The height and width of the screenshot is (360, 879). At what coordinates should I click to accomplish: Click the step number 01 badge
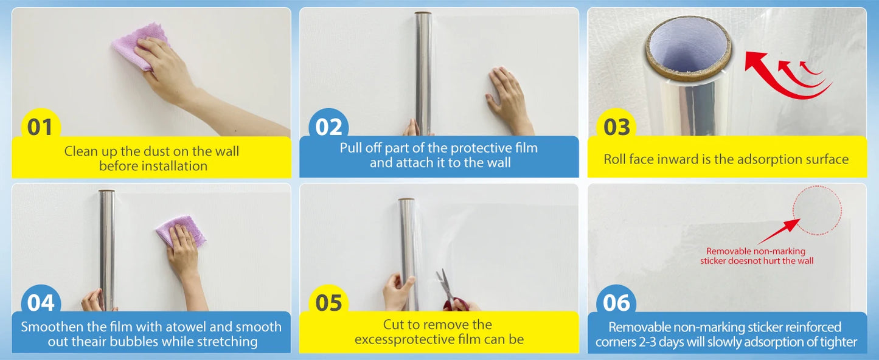(x=41, y=128)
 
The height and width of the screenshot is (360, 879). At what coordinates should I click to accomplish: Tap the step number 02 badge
(x=328, y=127)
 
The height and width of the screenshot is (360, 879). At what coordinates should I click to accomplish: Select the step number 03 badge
(x=617, y=127)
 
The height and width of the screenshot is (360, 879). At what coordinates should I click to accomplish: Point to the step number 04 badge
(x=41, y=303)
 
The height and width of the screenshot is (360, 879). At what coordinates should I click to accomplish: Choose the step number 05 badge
(x=328, y=303)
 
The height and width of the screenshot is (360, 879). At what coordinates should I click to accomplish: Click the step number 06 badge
(x=617, y=303)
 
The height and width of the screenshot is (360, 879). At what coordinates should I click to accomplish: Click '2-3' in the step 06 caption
(x=641, y=342)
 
